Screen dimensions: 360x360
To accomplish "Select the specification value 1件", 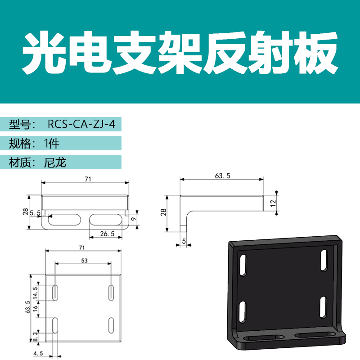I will [52, 144].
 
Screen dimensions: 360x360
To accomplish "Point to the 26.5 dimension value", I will [105, 234].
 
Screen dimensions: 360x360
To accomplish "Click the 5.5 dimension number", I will [36, 213].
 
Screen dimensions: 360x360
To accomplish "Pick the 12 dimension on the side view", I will [273, 203].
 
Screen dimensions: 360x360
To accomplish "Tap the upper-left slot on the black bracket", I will [243, 264].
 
